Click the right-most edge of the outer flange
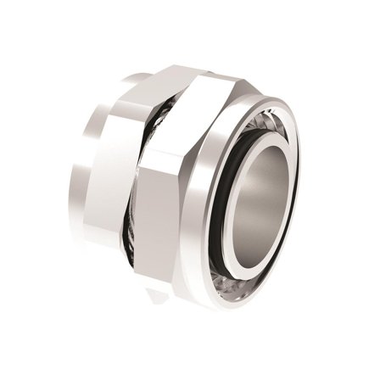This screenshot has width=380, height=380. point(302,195)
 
